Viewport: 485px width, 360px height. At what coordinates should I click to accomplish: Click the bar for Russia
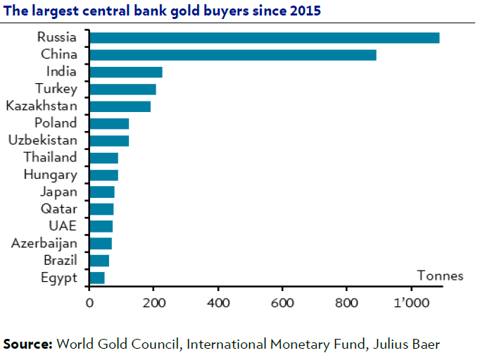coord(264,38)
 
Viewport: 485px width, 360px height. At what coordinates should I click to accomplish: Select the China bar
coord(232,55)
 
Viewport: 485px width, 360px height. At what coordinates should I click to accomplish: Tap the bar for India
coord(125,72)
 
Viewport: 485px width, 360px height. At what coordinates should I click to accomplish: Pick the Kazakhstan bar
coord(120,106)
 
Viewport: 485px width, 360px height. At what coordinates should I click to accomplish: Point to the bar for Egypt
coord(96,278)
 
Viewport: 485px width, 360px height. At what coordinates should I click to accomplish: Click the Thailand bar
coord(103,158)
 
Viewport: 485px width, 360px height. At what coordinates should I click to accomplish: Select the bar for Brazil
coord(99,261)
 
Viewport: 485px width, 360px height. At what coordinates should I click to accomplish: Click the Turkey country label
coord(56,89)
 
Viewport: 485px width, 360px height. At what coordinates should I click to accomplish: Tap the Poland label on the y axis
coord(56,123)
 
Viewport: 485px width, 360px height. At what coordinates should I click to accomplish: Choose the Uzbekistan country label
coord(43,140)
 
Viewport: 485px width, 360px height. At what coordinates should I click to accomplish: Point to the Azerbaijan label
coord(44,243)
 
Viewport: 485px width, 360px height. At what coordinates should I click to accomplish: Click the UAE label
coord(63,226)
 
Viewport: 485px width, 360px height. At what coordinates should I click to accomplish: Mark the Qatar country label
coord(60,209)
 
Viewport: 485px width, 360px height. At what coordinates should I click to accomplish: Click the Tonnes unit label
coord(440,275)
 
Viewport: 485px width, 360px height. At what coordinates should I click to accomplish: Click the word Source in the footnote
coord(28,345)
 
